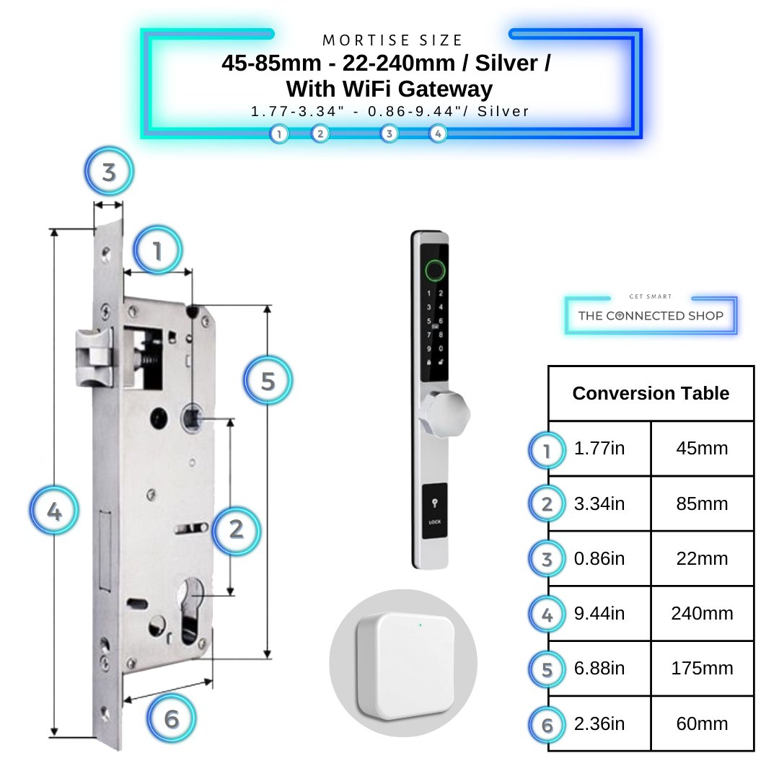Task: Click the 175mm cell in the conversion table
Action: click(702, 669)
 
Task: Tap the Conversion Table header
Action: click(651, 394)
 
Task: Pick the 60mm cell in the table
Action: click(702, 723)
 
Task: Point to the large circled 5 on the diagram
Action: click(268, 381)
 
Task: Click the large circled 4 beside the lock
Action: click(54, 512)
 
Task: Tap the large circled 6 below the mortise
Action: click(171, 718)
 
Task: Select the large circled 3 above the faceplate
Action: click(109, 172)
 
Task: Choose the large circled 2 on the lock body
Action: click(236, 530)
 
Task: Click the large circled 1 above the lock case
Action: click(157, 250)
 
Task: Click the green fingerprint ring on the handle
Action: click(434, 271)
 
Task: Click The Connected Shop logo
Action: click(651, 315)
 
